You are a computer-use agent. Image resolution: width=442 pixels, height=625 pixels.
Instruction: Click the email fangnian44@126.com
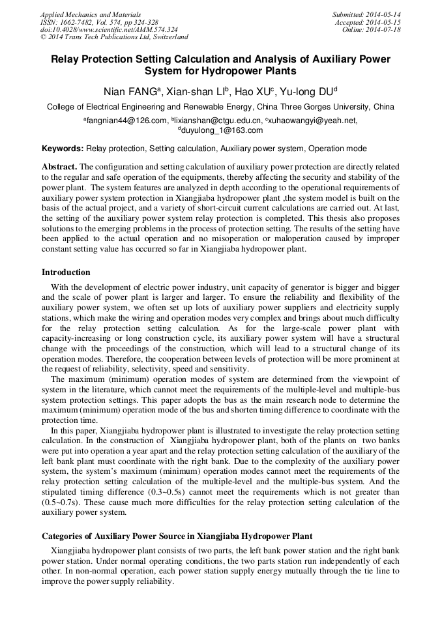click(125, 121)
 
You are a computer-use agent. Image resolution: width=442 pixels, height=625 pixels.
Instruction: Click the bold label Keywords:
click(63, 149)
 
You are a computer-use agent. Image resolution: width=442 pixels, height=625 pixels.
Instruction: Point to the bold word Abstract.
click(59, 167)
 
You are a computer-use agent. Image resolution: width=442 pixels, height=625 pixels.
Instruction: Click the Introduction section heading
click(66, 272)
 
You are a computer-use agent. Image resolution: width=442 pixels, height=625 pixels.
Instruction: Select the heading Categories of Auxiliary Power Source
click(177, 536)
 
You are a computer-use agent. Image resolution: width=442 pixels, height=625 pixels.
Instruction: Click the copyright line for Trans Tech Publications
click(114, 37)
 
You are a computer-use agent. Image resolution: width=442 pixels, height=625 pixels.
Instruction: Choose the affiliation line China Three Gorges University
click(220, 107)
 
